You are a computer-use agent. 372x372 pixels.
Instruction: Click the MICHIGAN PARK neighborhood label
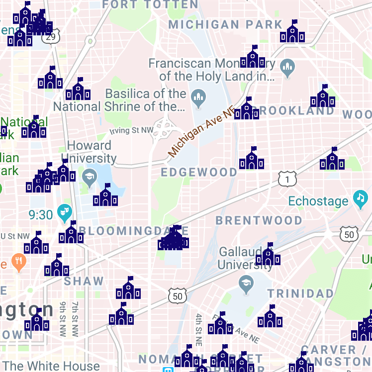(x=225, y=24)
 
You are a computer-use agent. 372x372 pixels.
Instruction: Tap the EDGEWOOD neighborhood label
(x=199, y=172)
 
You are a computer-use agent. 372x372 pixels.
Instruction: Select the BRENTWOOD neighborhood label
(x=259, y=220)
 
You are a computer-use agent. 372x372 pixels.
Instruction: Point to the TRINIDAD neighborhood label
(x=300, y=293)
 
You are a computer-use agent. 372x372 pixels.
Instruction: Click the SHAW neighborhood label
(x=84, y=281)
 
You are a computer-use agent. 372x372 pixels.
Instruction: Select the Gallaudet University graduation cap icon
(x=245, y=284)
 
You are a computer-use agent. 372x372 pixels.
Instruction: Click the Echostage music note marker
(x=360, y=199)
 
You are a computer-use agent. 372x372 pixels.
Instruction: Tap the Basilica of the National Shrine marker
(x=199, y=98)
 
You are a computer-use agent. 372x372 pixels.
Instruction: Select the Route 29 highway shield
(x=51, y=37)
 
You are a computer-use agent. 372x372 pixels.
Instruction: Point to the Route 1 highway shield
(x=287, y=178)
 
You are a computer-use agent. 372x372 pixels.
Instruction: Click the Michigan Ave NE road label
(x=200, y=133)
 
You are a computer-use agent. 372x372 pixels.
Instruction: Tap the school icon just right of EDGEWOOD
(x=251, y=160)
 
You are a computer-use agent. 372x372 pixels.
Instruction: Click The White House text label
(x=52, y=366)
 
